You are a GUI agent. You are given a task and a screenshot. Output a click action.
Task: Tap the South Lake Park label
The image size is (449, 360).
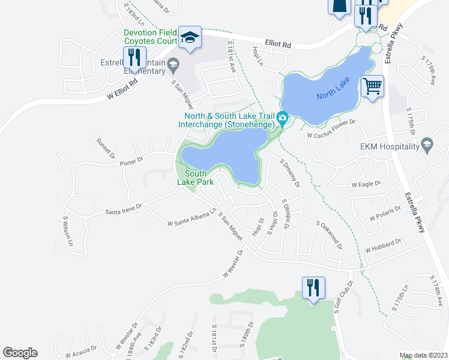[x=191, y=178]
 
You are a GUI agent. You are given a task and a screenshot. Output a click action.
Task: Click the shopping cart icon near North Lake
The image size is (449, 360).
[x=373, y=88]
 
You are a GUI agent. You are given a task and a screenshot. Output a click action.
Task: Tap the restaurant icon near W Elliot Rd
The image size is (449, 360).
[x=134, y=58]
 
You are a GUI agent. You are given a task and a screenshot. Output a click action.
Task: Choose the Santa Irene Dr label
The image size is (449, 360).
[x=123, y=208]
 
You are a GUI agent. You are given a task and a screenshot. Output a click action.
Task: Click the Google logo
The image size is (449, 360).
[x=20, y=353]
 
